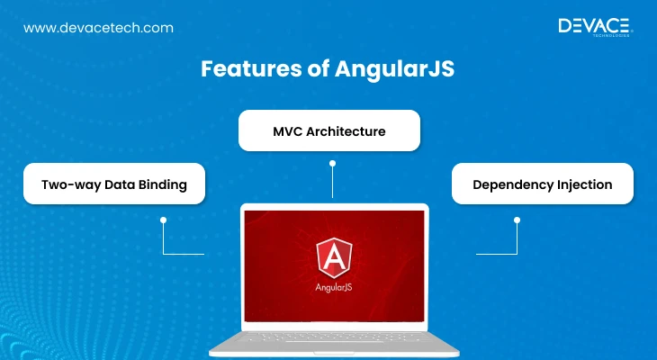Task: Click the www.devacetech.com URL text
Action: tap(98, 28)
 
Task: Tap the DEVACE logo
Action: tap(596, 27)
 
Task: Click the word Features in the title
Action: tap(251, 68)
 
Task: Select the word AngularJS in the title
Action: tap(394, 68)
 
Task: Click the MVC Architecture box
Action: tap(329, 130)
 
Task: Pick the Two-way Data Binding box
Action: tap(114, 184)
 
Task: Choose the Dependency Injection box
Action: tap(543, 184)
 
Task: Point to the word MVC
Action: tap(287, 131)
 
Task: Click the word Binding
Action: tap(163, 184)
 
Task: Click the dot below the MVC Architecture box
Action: tap(332, 164)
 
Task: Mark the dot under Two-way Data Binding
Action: tap(164, 220)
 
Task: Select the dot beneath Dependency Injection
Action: tap(517, 220)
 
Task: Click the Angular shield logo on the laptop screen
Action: tap(334, 258)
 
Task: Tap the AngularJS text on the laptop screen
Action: tap(334, 287)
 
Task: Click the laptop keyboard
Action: tap(334, 337)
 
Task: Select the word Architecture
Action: tap(346, 131)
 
